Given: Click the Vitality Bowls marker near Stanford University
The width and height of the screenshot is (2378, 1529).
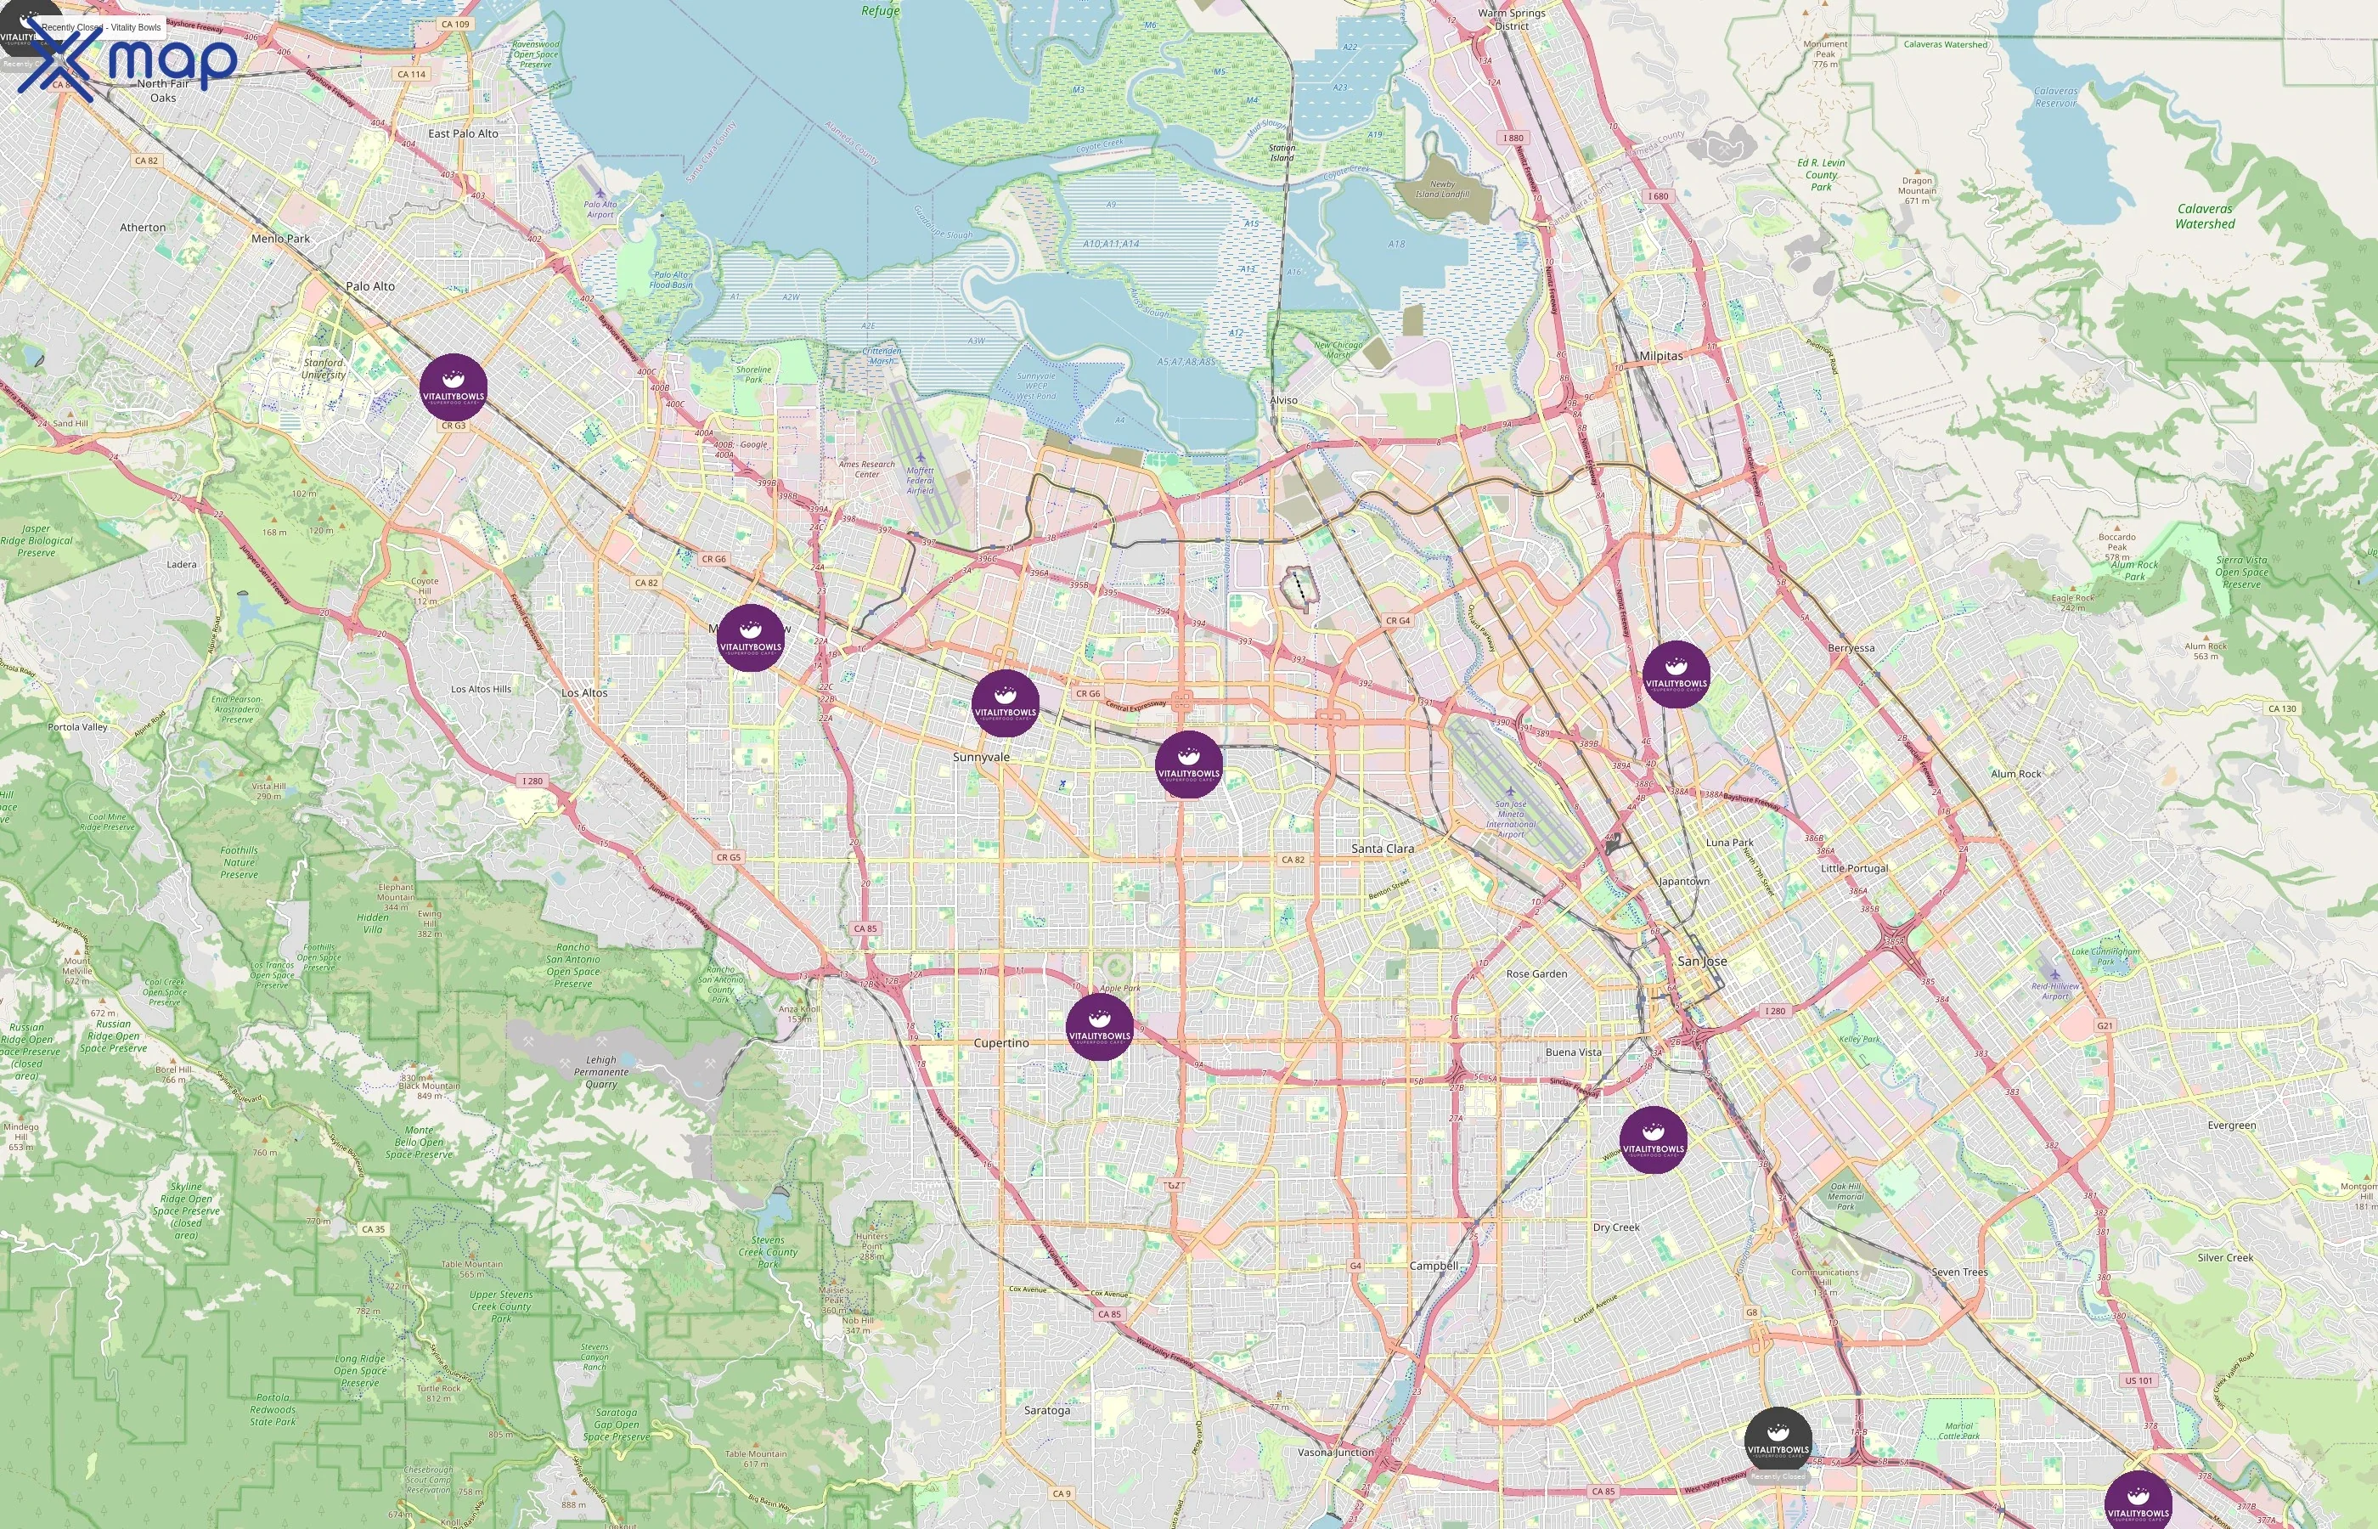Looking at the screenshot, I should [x=454, y=387].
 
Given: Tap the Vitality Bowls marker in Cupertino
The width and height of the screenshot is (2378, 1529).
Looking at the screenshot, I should [x=1099, y=1027].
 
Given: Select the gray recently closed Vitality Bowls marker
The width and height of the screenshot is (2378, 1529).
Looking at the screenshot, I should [x=1778, y=1440].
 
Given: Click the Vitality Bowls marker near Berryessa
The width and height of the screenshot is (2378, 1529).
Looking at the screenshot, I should [x=1676, y=673].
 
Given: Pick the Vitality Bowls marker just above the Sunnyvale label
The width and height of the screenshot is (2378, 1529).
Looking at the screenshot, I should [x=1005, y=703].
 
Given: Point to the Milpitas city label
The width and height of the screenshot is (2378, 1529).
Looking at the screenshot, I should [x=1660, y=355].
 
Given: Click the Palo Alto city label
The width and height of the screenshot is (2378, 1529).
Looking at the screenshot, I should [x=370, y=286].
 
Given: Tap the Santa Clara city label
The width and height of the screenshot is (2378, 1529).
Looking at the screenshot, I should [x=1382, y=849].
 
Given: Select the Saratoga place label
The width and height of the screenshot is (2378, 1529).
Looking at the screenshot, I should [x=1046, y=1410].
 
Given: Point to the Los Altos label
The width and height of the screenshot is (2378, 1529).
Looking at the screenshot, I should [x=583, y=693].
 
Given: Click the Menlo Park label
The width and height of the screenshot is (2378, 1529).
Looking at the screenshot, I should [x=280, y=239].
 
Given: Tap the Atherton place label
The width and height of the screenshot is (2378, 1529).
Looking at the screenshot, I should [x=143, y=228].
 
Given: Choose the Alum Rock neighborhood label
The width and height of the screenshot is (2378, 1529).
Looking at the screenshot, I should [x=2015, y=775].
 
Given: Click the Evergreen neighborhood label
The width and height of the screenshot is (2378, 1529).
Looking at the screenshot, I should [x=2231, y=1126].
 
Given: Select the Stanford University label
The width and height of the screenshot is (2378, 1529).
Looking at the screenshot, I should [x=324, y=369].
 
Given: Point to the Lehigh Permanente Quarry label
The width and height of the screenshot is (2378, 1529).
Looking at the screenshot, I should [x=600, y=1072].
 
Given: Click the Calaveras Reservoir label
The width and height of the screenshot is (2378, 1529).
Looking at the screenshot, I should [x=2054, y=96].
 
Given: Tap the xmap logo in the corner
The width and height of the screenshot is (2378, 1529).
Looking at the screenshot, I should [x=129, y=61].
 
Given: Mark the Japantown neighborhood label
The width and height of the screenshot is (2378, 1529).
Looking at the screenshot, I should [x=1683, y=882].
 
